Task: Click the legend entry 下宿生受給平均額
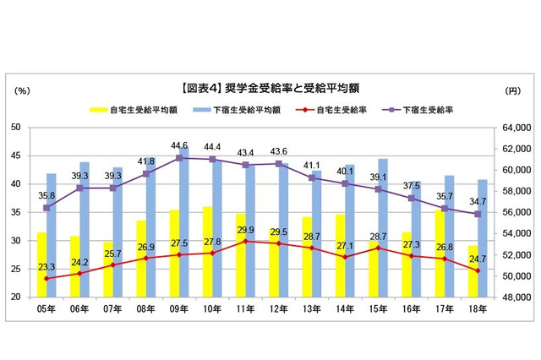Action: click(238, 109)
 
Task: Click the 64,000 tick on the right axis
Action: click(513, 127)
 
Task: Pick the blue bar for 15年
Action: click(383, 228)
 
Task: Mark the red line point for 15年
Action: click(378, 248)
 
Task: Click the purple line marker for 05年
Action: click(47, 208)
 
